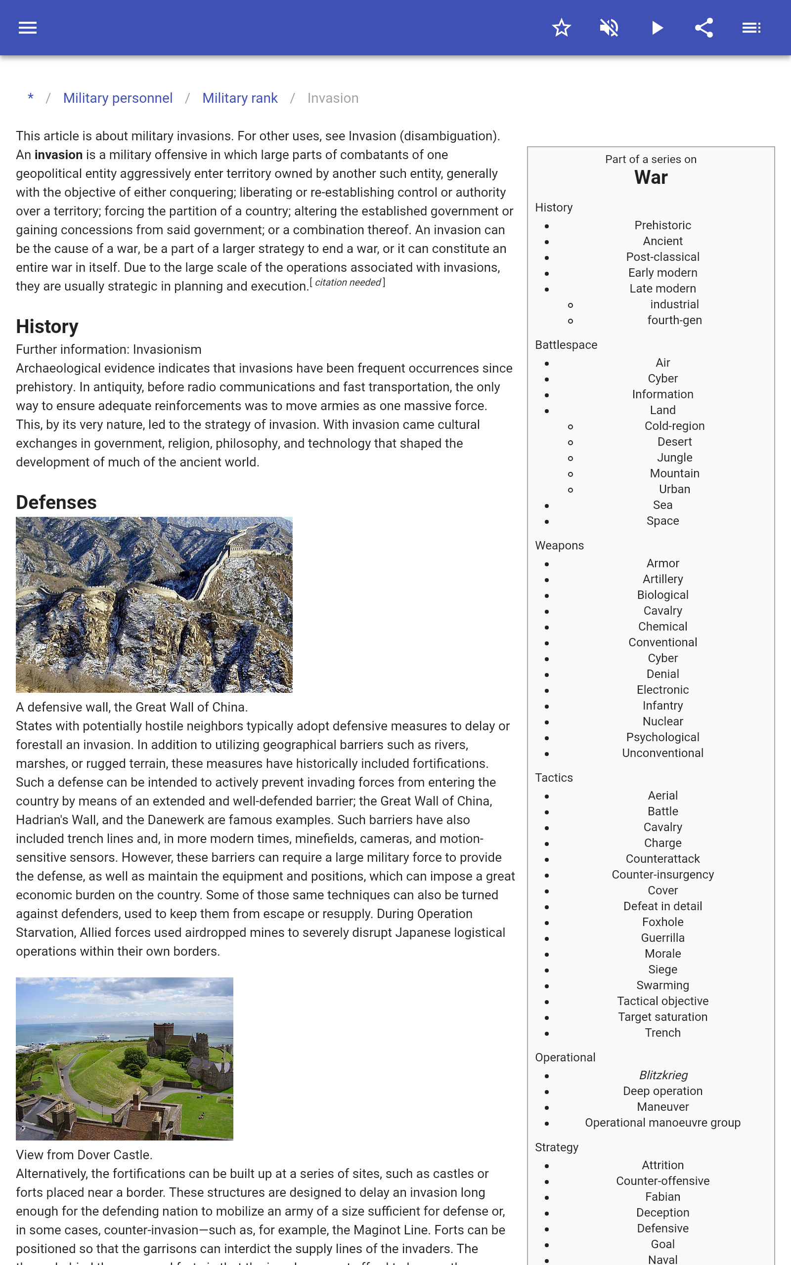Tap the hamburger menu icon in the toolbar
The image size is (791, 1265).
pos(28,28)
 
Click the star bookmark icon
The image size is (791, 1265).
pos(561,28)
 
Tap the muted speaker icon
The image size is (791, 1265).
pos(609,28)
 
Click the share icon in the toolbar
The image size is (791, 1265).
pos(704,28)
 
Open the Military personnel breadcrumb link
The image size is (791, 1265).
pos(118,98)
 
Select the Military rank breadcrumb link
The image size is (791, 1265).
pos(240,98)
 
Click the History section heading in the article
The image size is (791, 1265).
pos(47,326)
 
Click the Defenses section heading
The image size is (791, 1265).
pos(56,503)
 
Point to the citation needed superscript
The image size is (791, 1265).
pos(348,283)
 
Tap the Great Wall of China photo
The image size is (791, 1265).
pos(154,604)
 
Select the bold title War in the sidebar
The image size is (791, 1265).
pos(651,178)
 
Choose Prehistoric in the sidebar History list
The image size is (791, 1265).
pos(662,225)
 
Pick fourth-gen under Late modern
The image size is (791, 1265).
pos(674,320)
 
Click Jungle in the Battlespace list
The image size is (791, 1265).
pos(674,458)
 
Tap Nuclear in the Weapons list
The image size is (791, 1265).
pos(662,721)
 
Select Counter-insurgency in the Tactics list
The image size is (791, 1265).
pos(662,875)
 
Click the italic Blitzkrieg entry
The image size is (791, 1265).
pos(663,1075)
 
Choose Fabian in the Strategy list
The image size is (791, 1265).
pos(662,1196)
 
